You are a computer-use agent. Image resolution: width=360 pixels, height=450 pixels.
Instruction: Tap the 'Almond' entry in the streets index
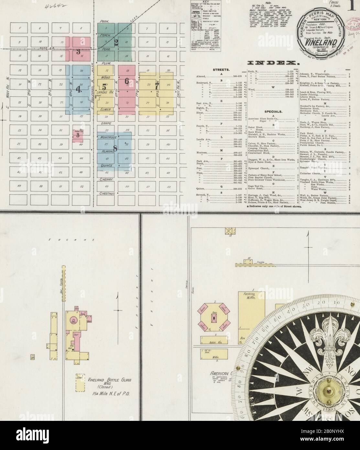pos(203,76)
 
